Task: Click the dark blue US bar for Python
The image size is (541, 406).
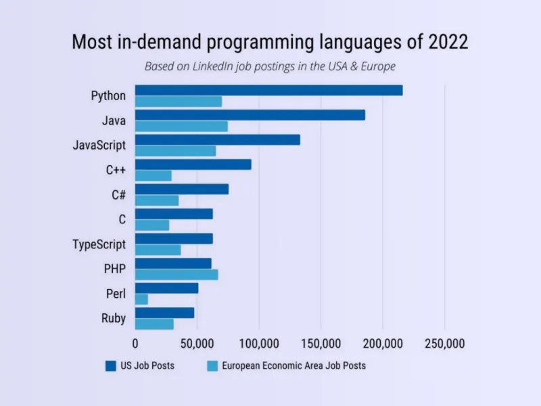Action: (268, 90)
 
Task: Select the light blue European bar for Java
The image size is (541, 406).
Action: (181, 127)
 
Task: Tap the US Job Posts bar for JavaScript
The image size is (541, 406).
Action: (217, 139)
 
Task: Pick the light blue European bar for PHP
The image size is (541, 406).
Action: (177, 275)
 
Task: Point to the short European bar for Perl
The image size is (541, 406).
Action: (141, 299)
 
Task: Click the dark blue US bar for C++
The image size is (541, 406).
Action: (193, 164)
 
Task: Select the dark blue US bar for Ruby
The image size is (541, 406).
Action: (164, 313)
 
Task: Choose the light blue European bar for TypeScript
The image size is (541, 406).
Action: (158, 250)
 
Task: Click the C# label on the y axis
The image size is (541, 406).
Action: (118, 195)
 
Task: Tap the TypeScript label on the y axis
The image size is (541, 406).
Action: (99, 244)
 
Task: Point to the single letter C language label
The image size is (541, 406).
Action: (122, 219)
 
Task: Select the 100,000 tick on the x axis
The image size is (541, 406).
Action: (259, 343)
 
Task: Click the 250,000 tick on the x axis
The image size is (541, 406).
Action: (444, 343)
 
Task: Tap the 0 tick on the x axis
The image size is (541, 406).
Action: (135, 343)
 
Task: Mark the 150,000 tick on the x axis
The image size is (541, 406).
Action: (321, 343)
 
